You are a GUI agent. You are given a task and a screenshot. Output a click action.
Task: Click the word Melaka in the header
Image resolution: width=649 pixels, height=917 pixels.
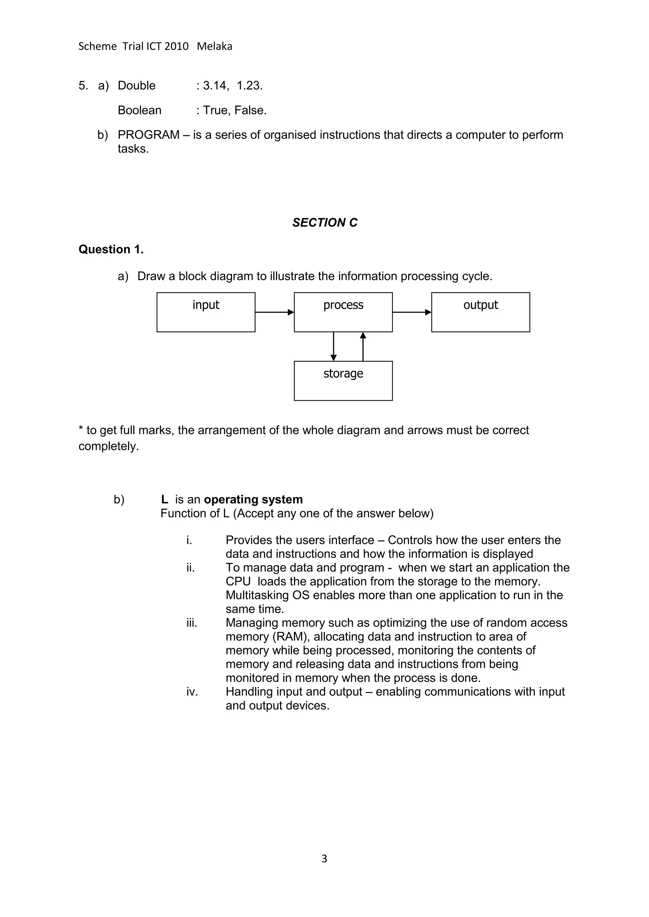[x=214, y=46]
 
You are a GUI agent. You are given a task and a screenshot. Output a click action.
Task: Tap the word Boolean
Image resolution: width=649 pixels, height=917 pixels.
[x=139, y=110]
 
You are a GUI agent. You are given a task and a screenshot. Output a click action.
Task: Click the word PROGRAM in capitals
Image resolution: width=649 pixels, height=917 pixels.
[x=148, y=135]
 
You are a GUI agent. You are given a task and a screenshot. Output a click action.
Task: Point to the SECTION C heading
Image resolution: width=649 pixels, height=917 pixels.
[x=324, y=223]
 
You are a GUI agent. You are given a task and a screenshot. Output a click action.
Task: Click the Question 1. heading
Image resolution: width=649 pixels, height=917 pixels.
[x=111, y=249]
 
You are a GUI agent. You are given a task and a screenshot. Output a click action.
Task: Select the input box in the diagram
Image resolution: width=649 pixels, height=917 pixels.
[x=206, y=312]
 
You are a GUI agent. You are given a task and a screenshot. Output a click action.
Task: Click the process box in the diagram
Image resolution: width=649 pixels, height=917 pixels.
[x=343, y=312]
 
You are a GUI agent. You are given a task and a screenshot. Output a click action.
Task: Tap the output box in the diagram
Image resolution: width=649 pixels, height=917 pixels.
[x=480, y=312]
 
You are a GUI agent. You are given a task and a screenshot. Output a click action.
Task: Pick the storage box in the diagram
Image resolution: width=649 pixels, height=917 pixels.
[x=343, y=381]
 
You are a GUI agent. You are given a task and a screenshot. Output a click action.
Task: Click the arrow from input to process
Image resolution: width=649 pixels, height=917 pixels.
[x=274, y=312]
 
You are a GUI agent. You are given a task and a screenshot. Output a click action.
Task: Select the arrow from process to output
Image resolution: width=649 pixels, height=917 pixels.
[x=412, y=312]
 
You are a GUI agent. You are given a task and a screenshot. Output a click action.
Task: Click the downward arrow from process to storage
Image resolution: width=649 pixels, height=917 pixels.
[x=334, y=346]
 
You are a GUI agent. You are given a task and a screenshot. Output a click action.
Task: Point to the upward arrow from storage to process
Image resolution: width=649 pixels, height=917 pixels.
[x=363, y=346]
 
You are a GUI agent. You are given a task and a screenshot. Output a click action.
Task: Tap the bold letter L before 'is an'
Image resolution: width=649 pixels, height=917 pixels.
[x=164, y=500]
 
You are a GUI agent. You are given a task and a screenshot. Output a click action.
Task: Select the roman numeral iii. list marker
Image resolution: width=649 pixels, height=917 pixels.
[x=192, y=623]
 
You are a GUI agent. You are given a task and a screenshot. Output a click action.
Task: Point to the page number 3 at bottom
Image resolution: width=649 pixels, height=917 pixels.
[x=324, y=858]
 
